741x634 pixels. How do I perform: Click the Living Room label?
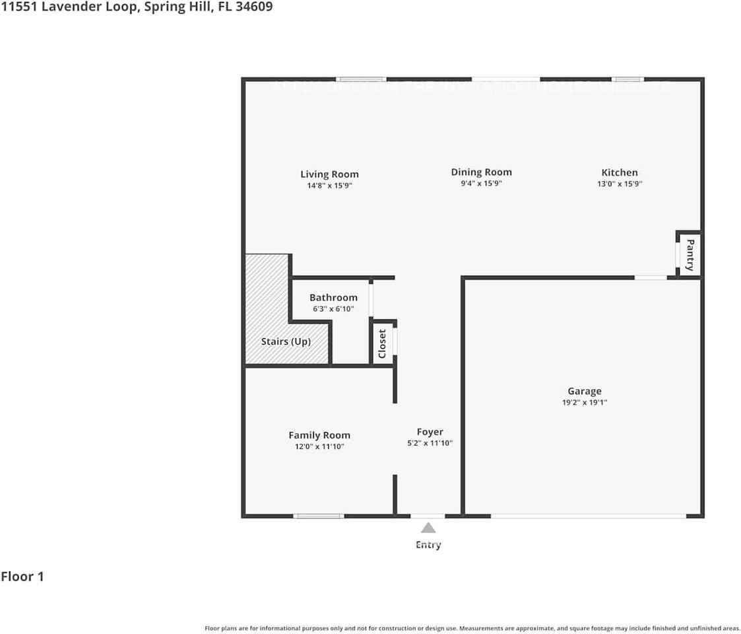pyautogui.click(x=329, y=174)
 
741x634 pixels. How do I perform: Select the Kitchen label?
pyautogui.click(x=619, y=172)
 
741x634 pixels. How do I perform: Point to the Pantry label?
pyautogui.click(x=690, y=255)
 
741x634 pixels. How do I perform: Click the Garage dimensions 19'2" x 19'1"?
pyautogui.click(x=584, y=402)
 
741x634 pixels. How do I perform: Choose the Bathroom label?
pyautogui.click(x=333, y=298)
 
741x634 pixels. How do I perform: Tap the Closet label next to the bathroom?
pyautogui.click(x=382, y=344)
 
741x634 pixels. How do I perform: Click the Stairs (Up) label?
pyautogui.click(x=286, y=341)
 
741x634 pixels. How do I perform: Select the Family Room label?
pyautogui.click(x=319, y=435)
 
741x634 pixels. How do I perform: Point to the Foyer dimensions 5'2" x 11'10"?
pyautogui.click(x=430, y=443)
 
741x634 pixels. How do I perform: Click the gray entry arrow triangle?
pyautogui.click(x=428, y=528)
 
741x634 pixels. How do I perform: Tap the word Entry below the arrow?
pyautogui.click(x=428, y=545)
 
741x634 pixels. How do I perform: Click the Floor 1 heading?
pyautogui.click(x=22, y=577)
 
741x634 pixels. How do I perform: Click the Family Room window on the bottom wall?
pyautogui.click(x=318, y=516)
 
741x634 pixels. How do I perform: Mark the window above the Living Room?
pyautogui.click(x=361, y=79)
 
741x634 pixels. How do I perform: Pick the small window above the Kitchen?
pyautogui.click(x=627, y=79)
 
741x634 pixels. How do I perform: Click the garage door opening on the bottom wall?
pyautogui.click(x=588, y=516)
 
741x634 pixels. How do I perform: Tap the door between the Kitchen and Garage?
pyautogui.click(x=651, y=277)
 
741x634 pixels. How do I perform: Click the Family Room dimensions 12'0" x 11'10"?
pyautogui.click(x=319, y=447)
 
